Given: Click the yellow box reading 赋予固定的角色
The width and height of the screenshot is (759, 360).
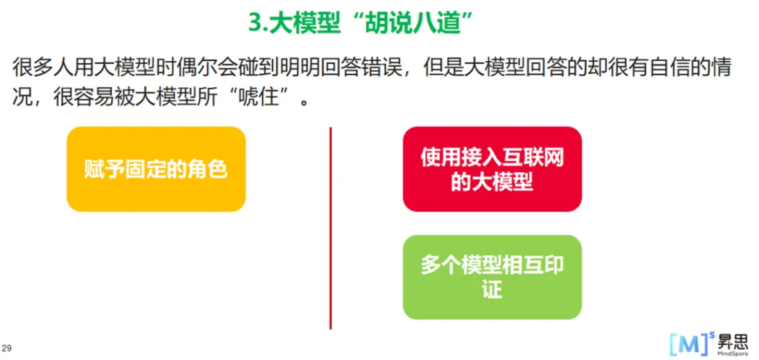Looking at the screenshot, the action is tap(156, 169).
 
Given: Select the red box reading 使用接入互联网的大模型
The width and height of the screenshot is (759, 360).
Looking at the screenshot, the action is tap(492, 169).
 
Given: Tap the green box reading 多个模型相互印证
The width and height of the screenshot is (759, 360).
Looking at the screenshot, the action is tap(492, 277).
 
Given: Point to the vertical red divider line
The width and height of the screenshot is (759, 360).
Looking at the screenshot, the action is tap(330, 229).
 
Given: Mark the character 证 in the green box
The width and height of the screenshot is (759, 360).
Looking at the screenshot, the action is tap(492, 289).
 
